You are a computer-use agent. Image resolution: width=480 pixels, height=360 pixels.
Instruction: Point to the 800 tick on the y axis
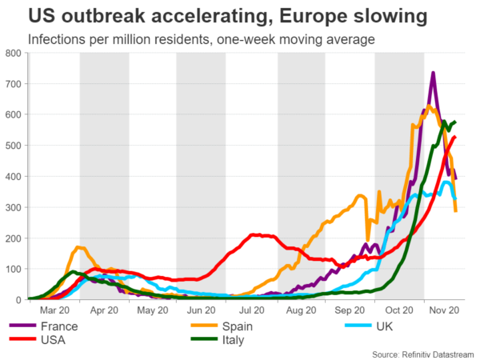[14, 54]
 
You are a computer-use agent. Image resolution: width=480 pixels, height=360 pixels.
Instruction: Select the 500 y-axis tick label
[14, 146]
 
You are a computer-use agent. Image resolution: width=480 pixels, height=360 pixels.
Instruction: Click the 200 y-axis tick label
[14, 238]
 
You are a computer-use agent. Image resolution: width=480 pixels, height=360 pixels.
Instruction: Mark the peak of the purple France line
[433, 74]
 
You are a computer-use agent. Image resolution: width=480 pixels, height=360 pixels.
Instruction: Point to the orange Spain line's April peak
[78, 248]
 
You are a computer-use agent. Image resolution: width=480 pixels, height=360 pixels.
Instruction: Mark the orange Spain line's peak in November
[429, 106]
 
